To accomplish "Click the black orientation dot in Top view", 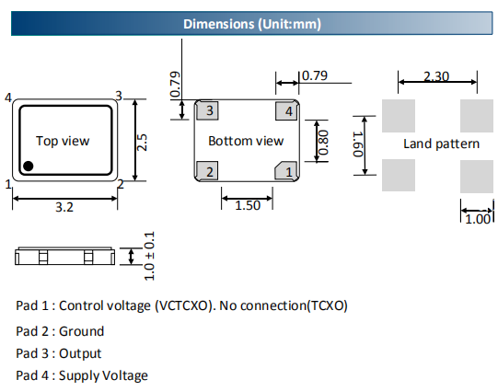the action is (29, 166).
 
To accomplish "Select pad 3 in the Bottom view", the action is (207, 110).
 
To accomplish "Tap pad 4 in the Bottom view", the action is (286, 111).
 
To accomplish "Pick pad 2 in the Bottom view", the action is (207, 171).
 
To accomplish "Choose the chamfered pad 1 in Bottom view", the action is (286, 171).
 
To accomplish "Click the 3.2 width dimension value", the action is (64, 207).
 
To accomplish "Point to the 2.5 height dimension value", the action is (142, 143).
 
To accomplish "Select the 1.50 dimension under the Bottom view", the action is (248, 206).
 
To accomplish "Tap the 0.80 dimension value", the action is (323, 143).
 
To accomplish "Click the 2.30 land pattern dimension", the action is (436, 76).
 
